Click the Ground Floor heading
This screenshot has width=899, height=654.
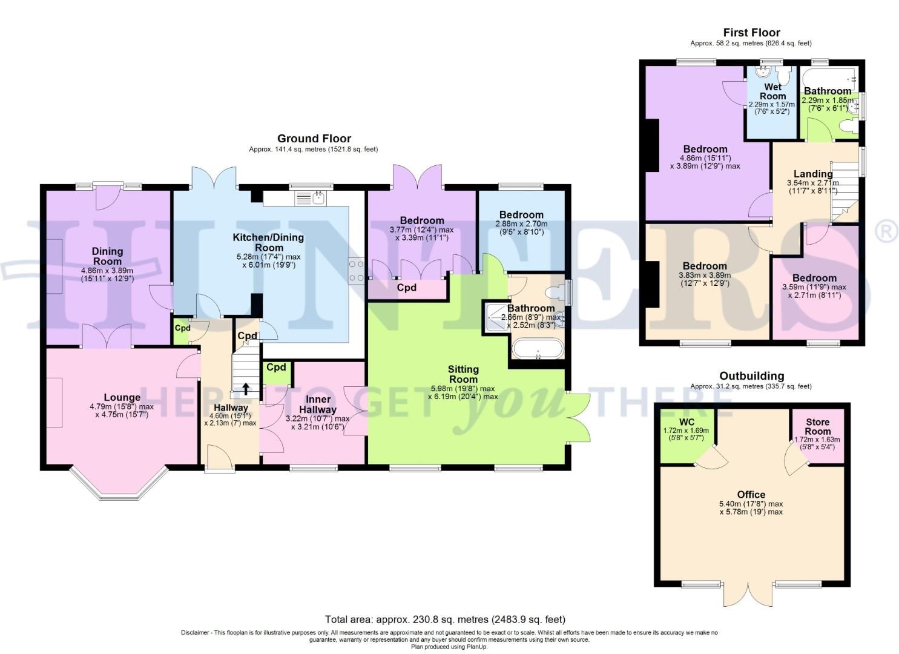click(314, 139)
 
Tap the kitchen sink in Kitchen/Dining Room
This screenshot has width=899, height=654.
click(311, 197)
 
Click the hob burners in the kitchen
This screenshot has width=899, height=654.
click(355, 270)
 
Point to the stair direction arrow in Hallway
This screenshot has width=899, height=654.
click(246, 388)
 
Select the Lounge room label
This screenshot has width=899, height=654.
click(122, 398)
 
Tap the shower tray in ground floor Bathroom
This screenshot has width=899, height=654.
click(495, 317)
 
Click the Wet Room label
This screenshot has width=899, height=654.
click(772, 91)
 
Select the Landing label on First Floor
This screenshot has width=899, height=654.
click(813, 174)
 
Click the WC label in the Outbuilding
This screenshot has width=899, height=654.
click(687, 421)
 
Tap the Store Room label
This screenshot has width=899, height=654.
click(817, 426)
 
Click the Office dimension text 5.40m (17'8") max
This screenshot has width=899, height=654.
click(751, 503)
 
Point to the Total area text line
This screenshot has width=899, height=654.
click(445, 619)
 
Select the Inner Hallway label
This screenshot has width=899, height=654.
click(318, 405)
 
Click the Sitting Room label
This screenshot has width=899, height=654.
click(463, 374)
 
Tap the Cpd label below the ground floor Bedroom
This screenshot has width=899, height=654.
click(406, 288)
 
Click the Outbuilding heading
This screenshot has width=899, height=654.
click(751, 376)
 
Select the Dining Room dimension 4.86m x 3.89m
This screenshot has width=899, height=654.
click(107, 270)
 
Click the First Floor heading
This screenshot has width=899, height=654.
click(751, 33)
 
